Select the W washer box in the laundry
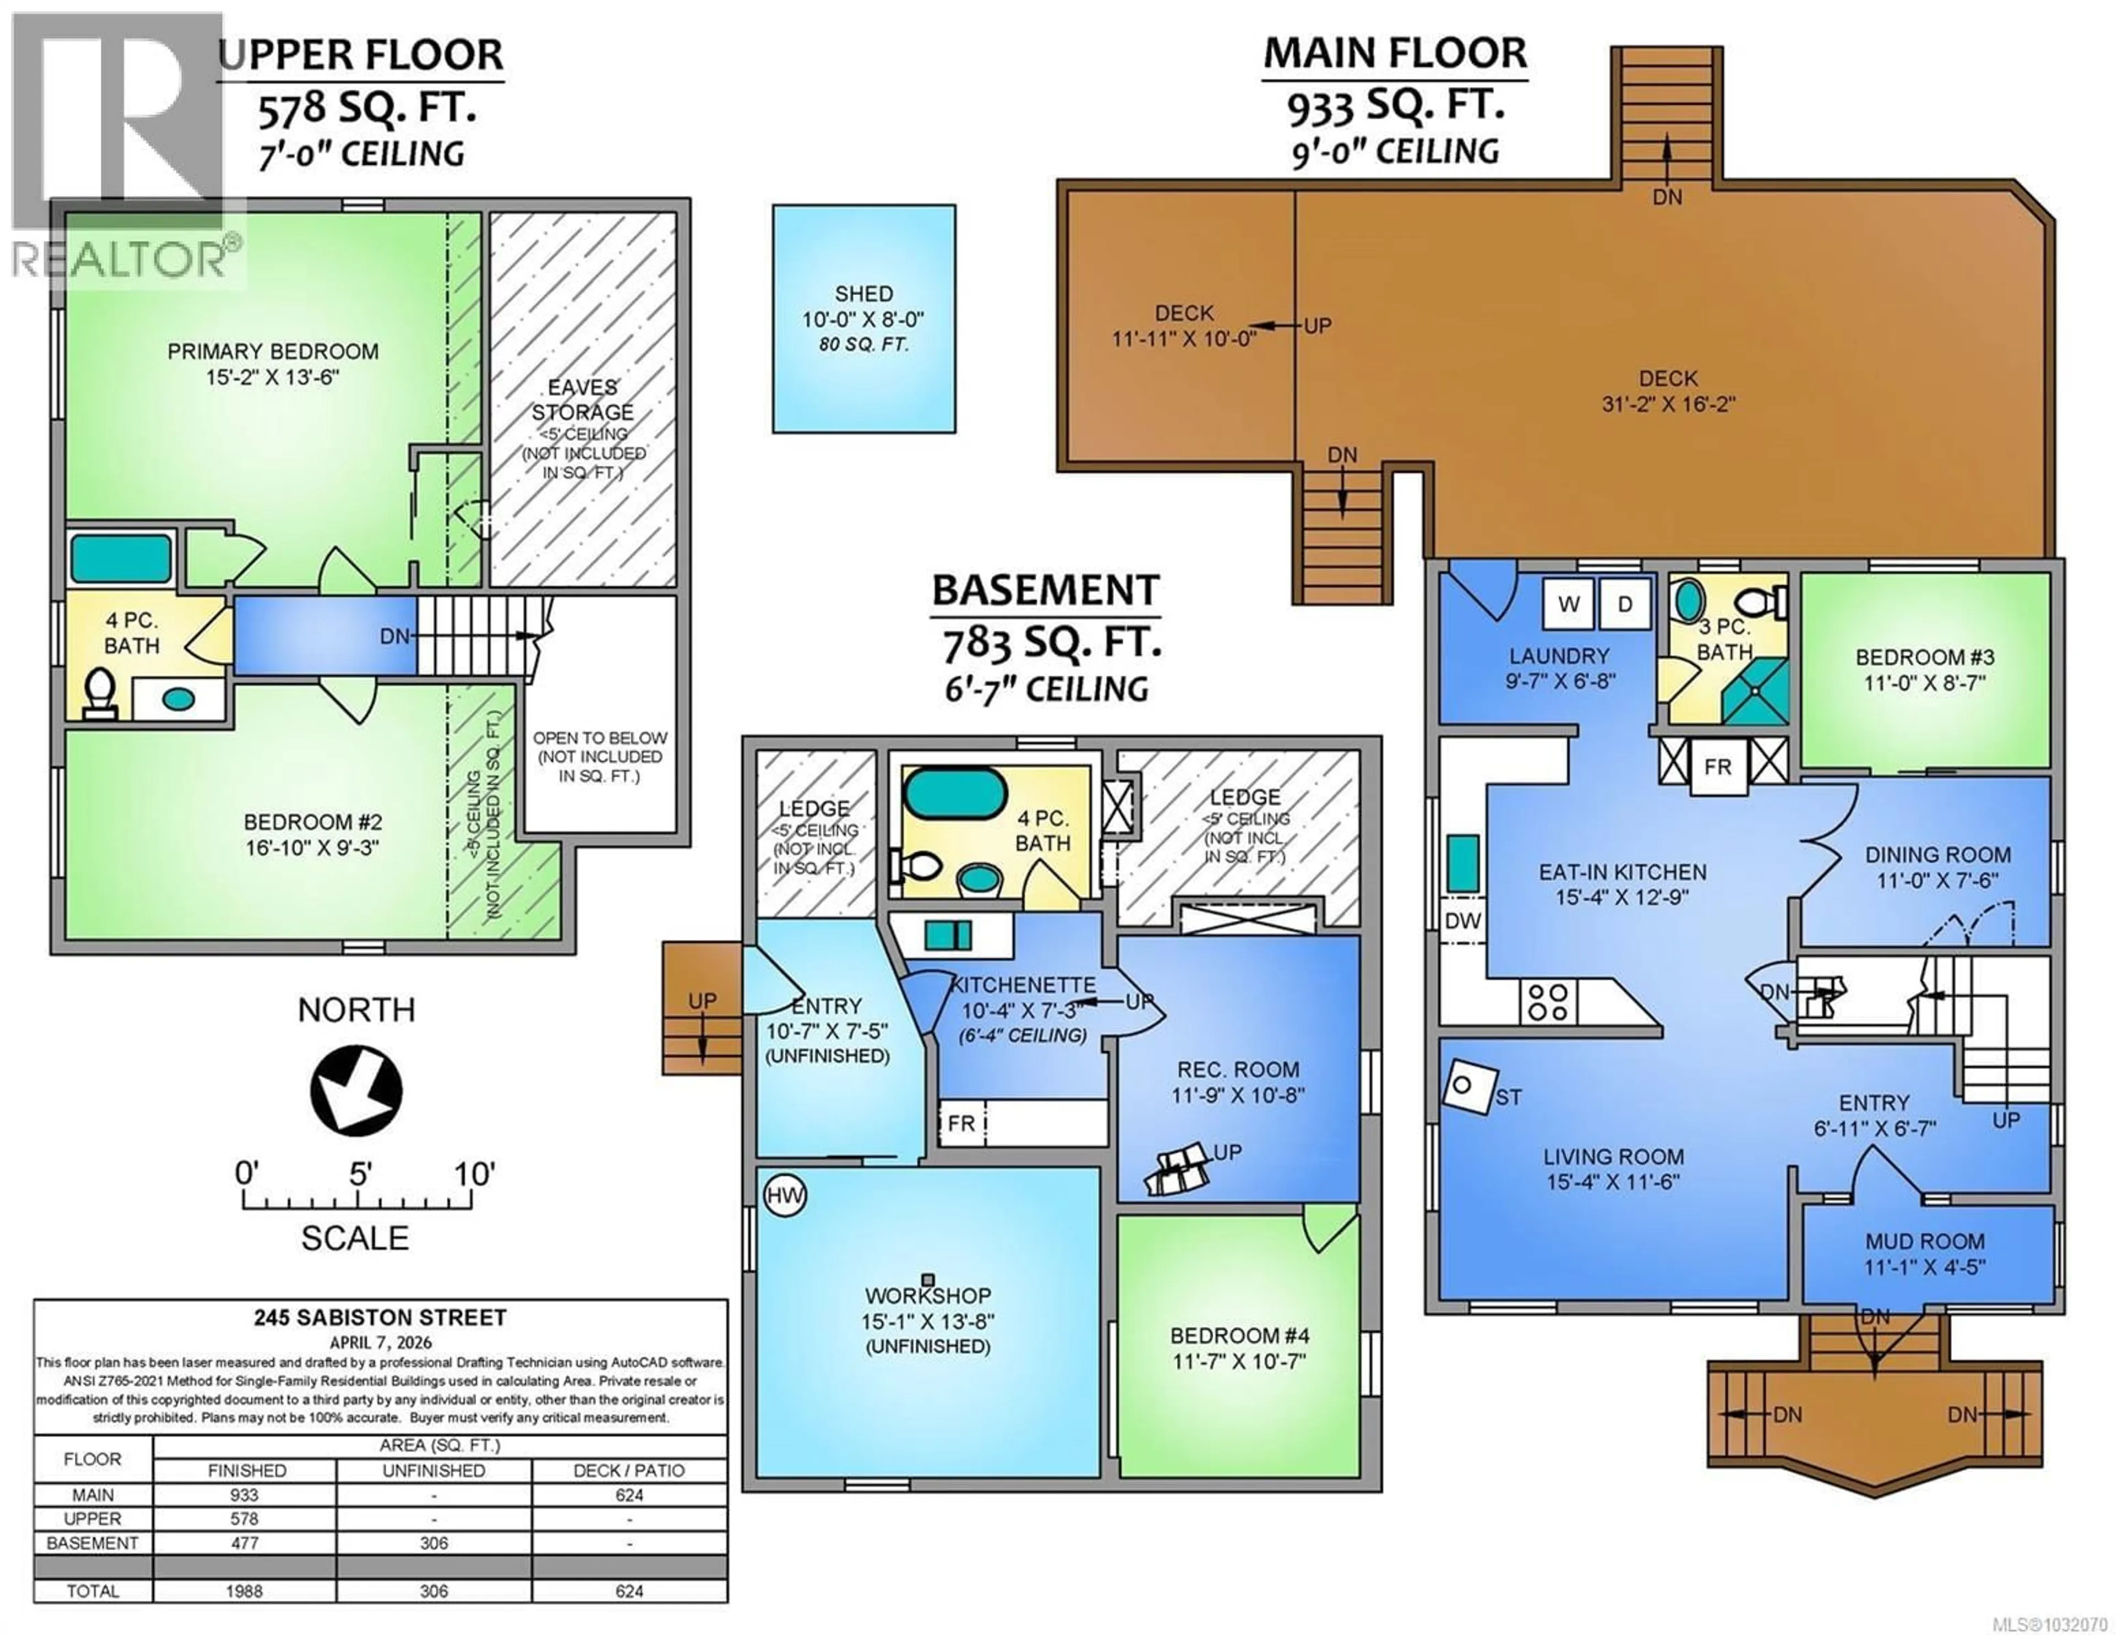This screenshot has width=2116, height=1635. [x=1569, y=604]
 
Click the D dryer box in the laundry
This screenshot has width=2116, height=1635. [x=1625, y=604]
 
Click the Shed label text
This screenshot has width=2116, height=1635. [x=863, y=294]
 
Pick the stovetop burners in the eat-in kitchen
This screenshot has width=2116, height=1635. [x=1547, y=1002]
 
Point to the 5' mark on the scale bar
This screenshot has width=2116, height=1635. [x=359, y=1175]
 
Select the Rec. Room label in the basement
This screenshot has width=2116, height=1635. [x=1238, y=1070]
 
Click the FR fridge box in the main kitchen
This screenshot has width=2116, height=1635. [x=1718, y=767]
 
